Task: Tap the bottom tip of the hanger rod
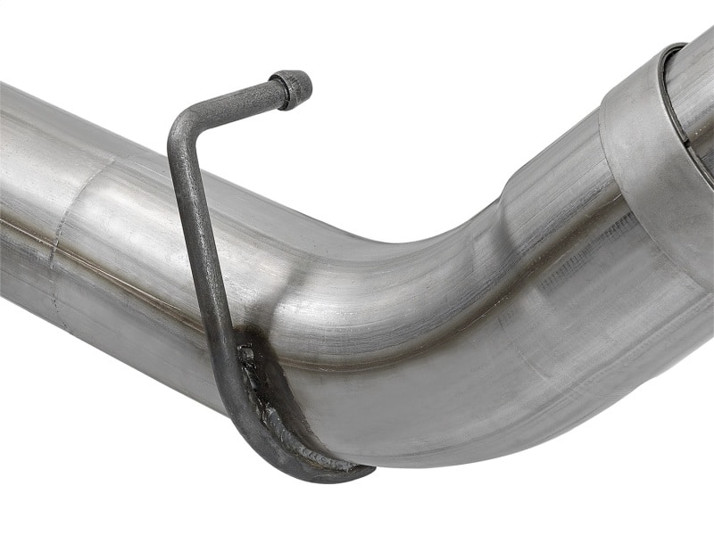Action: (362, 472)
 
